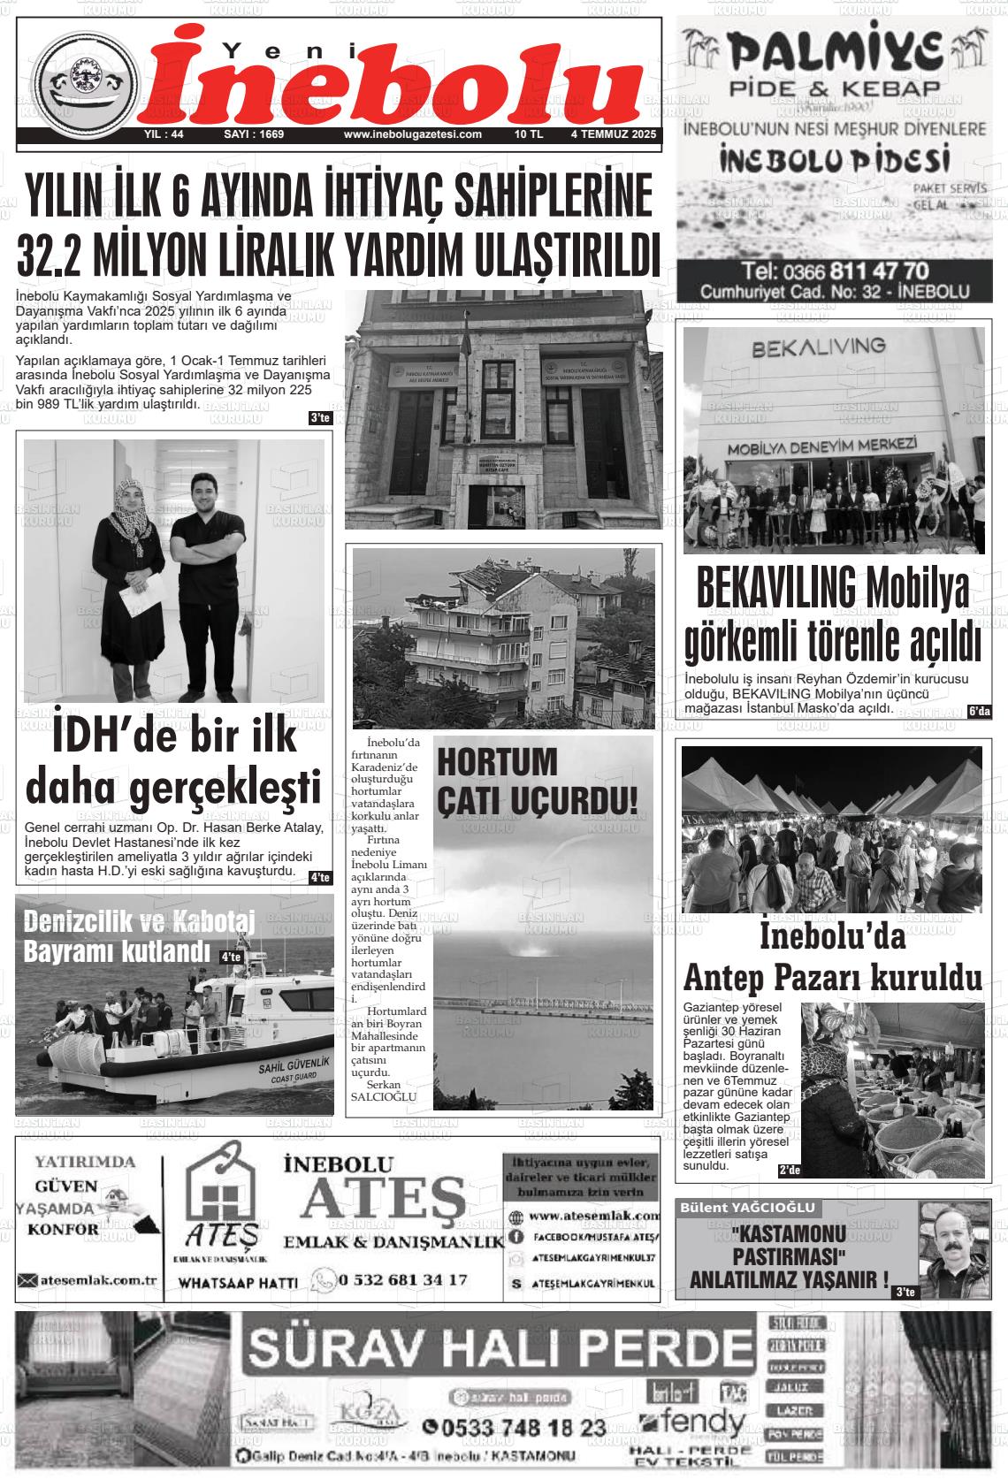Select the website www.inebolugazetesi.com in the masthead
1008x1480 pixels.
[412, 135]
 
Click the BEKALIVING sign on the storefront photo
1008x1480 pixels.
[819, 347]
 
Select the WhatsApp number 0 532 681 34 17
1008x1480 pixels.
[402, 1279]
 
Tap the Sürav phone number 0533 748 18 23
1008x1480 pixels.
[515, 1427]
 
